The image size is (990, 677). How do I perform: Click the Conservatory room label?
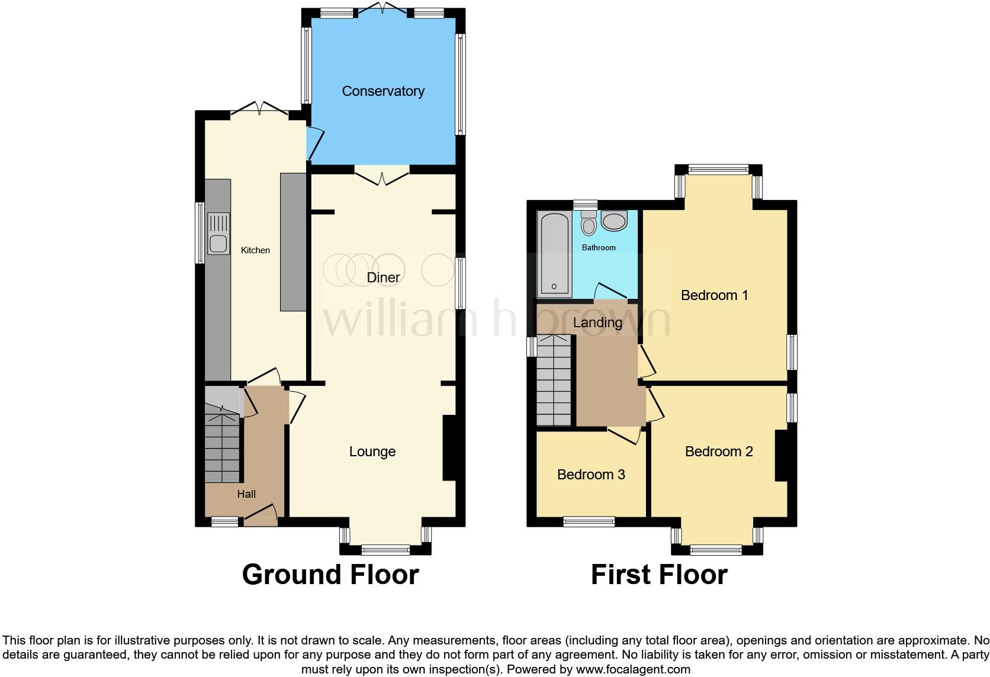click(383, 91)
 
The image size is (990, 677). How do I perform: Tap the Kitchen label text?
click(255, 250)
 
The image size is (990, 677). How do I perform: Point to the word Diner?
click(383, 278)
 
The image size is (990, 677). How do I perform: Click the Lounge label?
click(372, 452)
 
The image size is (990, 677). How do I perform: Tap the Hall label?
click(246, 494)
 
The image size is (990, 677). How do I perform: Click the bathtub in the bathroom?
click(554, 254)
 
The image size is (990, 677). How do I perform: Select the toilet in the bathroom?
click(589, 223)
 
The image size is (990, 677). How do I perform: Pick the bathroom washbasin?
click(614, 221)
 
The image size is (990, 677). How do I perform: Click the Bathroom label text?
click(599, 247)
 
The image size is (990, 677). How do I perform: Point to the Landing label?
click(597, 323)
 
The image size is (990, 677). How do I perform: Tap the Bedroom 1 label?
click(715, 295)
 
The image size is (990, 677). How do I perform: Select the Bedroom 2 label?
click(719, 452)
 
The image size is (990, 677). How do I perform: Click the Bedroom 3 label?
click(591, 475)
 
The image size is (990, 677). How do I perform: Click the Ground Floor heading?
click(330, 575)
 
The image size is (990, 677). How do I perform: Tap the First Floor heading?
click(659, 575)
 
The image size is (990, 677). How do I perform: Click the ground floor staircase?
click(222, 444)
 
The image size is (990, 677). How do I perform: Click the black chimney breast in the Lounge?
click(449, 447)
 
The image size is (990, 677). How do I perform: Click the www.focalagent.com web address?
click(633, 669)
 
